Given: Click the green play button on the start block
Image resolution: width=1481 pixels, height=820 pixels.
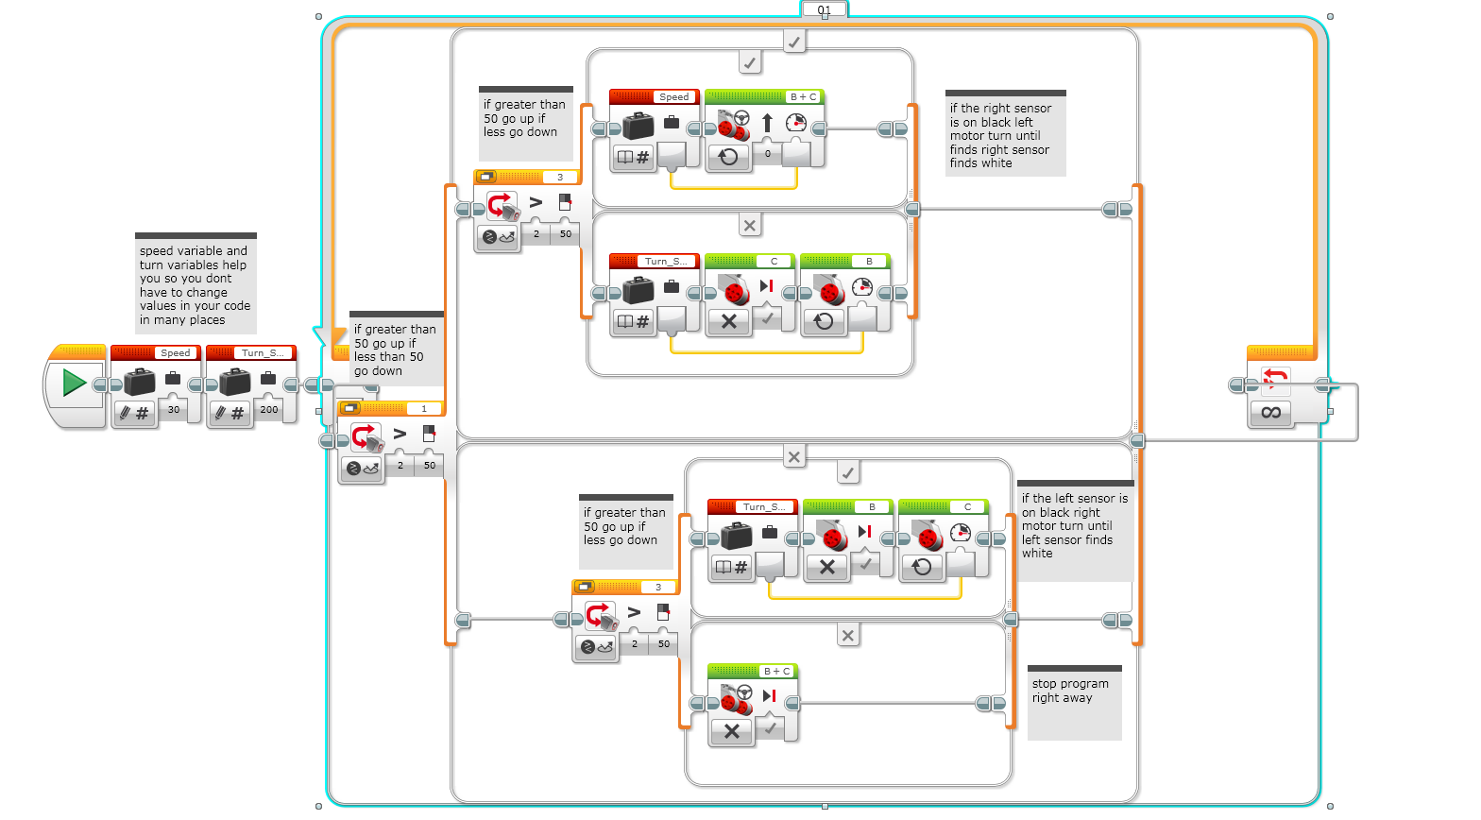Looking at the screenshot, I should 74,383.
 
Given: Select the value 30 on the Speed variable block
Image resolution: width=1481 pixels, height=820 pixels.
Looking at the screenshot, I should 174,410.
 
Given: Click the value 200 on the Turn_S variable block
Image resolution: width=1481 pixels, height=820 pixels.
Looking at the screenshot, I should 269,410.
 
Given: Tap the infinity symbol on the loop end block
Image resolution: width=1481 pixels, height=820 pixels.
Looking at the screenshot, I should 1270,412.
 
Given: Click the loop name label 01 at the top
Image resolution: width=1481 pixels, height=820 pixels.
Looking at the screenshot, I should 825,10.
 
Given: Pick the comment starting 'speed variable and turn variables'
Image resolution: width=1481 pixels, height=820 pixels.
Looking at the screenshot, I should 196,284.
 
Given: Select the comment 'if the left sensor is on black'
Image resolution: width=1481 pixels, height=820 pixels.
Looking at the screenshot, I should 1075,526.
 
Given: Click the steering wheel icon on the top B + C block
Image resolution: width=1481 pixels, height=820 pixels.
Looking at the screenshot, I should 741,119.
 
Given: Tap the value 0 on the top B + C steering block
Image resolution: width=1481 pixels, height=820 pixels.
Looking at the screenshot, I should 768,154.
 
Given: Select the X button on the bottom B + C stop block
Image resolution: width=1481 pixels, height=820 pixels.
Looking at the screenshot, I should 731,731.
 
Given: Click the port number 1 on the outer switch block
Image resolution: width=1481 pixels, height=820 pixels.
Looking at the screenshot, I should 424,409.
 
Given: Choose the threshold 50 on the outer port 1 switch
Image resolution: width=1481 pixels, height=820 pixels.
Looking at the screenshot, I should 430,466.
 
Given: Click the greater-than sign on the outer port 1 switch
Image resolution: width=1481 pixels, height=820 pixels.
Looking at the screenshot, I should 400,435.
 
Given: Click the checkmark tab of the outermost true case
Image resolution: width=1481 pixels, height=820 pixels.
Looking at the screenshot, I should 794,42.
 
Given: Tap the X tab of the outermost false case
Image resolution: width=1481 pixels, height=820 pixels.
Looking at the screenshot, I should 794,457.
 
